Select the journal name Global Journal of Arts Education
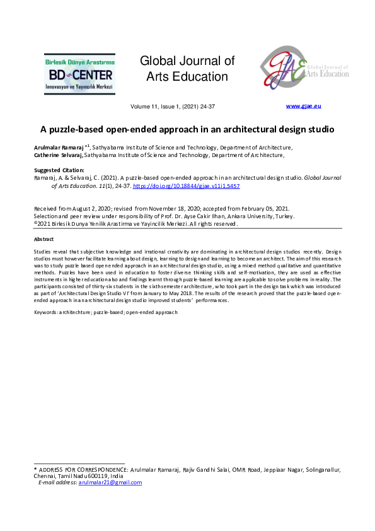pyautogui.click(x=187, y=69)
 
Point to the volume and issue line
pyautogui.click(x=173, y=107)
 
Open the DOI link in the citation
pyautogui.click(x=195, y=187)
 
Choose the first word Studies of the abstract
pyautogui.click(x=43, y=252)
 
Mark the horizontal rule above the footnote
pyautogui.click(x=79, y=464)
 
